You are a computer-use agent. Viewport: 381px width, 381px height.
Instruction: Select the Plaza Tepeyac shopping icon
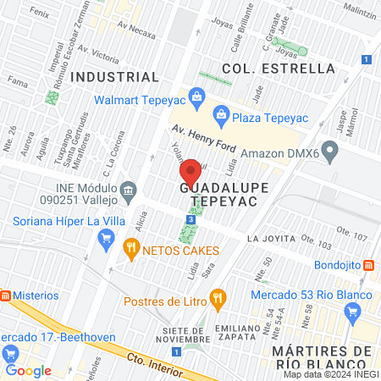click(x=220, y=113)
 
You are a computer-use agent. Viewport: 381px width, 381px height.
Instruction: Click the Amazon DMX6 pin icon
click(x=331, y=153)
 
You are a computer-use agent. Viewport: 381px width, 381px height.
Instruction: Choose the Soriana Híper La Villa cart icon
click(x=106, y=239)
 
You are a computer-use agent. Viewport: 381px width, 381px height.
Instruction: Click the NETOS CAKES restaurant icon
click(x=131, y=250)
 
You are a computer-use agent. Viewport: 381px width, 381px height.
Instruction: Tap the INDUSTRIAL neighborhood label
click(x=115, y=76)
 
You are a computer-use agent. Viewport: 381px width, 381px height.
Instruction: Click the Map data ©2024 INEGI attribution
click(x=331, y=374)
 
